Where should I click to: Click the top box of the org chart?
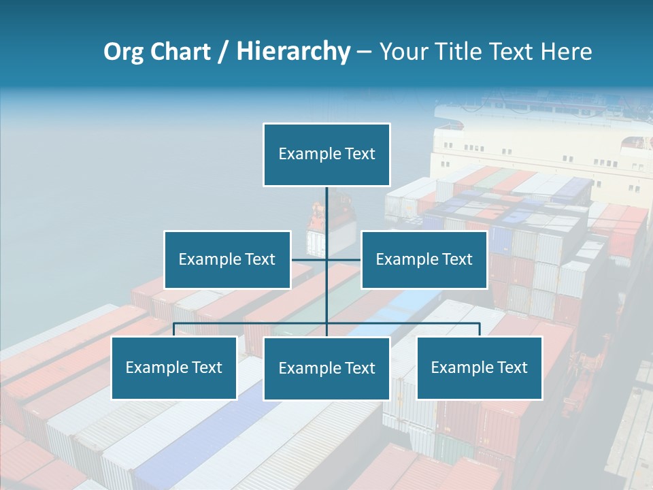326,154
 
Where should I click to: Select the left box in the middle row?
227,259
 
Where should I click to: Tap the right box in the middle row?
424,259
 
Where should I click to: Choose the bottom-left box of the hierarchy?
174,367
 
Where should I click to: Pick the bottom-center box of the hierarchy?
326,368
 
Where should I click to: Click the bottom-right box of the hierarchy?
480,367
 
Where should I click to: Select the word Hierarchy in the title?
293,52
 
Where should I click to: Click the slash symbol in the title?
224,52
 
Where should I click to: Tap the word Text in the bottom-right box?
512,367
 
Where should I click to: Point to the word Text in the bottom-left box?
206,367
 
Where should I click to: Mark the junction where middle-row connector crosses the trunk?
326,259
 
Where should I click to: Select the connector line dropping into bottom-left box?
174,329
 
